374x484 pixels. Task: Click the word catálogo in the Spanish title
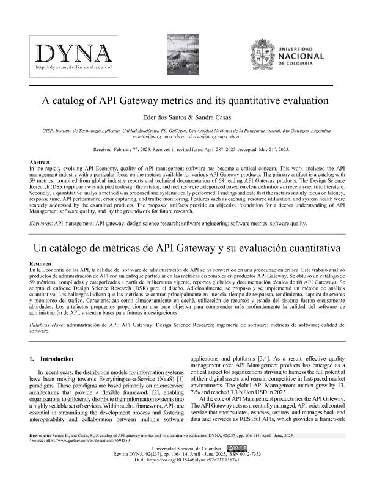(x=102, y=248)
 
